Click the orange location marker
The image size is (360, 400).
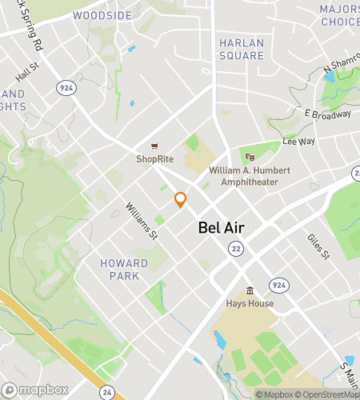coord(180,200)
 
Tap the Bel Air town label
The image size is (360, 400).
coord(221,228)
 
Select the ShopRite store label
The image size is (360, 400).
coord(154,158)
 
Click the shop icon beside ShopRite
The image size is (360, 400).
coord(154,146)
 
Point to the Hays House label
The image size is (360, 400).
coord(250,303)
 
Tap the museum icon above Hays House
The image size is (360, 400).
coord(250,290)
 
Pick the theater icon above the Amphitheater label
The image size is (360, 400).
coord(249,158)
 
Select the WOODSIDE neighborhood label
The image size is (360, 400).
coord(102,15)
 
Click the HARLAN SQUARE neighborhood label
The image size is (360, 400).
coord(241,49)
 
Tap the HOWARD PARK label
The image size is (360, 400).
coord(124,269)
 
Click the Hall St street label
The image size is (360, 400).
coord(27,73)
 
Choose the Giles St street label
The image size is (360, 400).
coord(318,247)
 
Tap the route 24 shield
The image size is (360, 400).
coord(108,392)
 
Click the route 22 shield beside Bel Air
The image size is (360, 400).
coord(235,250)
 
